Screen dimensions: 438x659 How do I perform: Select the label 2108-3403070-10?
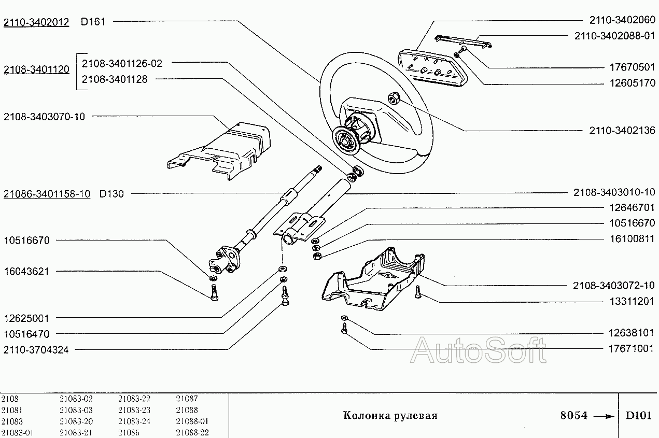coord(44,117)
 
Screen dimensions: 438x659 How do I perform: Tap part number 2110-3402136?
coord(622,130)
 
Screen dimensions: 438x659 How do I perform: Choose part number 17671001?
coord(630,348)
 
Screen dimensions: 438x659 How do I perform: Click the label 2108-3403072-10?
coord(614,285)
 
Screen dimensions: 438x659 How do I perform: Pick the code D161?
coord(93,22)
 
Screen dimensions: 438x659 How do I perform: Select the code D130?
coord(111,194)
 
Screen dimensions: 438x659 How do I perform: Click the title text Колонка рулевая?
coord(390,416)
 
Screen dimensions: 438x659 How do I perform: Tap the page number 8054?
coord(574,416)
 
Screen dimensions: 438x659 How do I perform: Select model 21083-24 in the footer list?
coord(134,421)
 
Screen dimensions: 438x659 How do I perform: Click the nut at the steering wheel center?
coord(393,96)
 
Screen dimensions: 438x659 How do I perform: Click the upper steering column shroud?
coord(223,148)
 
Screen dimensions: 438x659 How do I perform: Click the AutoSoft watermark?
coord(478,350)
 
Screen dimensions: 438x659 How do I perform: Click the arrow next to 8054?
coord(603,416)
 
